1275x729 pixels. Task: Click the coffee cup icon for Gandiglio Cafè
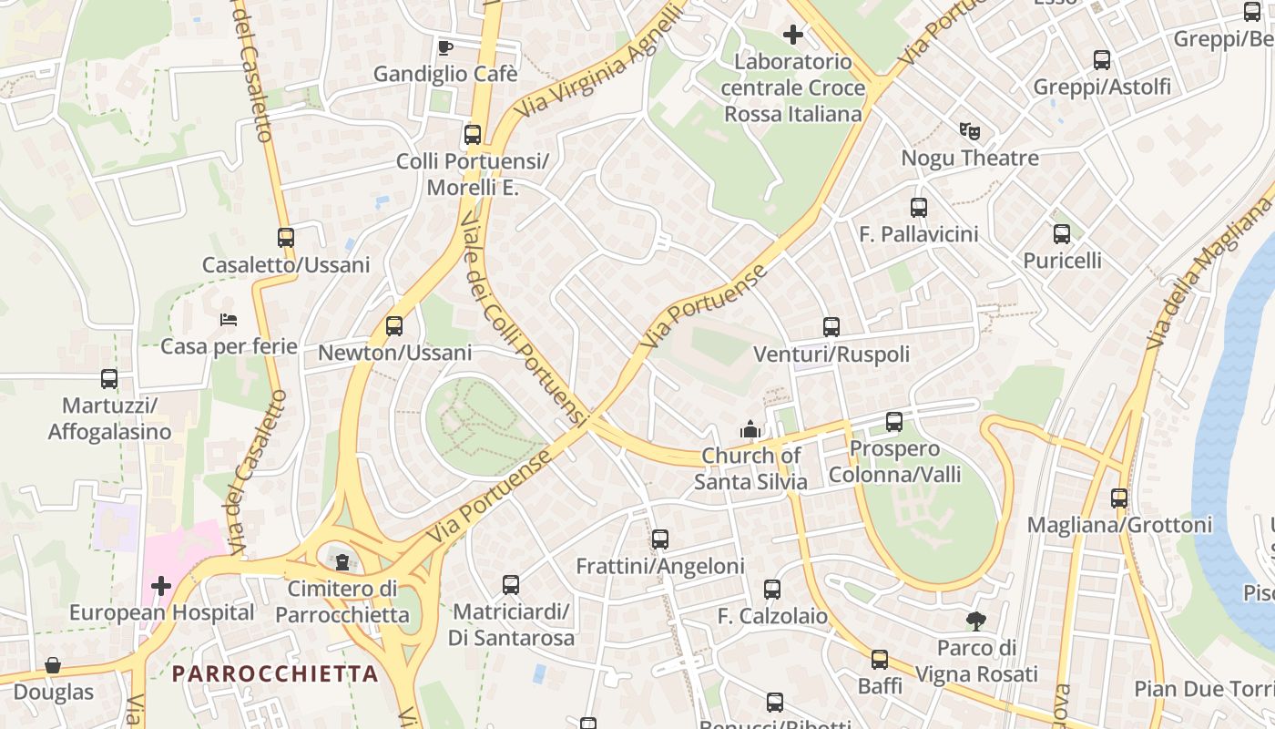444,47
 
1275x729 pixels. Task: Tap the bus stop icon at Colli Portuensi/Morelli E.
473,135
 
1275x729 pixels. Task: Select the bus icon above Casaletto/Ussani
286,238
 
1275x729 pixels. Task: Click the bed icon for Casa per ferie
229,320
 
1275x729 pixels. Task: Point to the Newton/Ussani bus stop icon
394,326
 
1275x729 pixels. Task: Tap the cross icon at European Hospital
161,585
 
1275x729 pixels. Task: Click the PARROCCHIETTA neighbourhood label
275,673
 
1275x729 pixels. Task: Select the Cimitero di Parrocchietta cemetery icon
342,560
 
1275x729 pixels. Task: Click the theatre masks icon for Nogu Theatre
970,131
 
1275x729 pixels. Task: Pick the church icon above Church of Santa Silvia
750,428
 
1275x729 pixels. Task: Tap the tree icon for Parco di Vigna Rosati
976,621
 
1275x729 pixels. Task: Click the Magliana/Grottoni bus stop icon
1119,498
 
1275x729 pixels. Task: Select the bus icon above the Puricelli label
1062,234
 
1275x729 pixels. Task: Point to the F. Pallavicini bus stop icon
919,208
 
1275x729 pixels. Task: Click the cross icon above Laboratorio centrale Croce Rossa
793,36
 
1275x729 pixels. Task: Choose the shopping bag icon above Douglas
53,665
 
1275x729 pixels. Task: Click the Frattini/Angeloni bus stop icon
660,539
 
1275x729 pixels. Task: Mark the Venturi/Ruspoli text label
831,354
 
